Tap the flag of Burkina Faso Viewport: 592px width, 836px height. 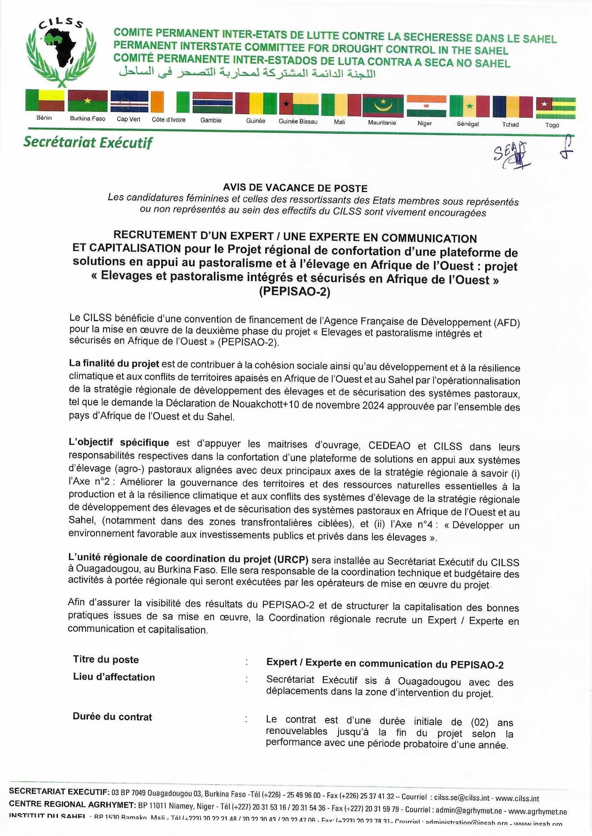point(88,100)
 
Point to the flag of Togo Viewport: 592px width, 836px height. point(556,108)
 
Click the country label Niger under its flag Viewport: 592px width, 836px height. point(425,124)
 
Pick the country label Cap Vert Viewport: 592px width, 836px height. point(128,119)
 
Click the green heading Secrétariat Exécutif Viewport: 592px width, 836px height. point(88,143)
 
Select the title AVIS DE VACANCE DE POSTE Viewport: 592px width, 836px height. point(295,188)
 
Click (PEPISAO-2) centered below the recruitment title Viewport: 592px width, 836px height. point(295,292)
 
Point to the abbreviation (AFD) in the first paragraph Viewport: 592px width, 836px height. point(507,322)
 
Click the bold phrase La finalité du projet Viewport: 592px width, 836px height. point(114,364)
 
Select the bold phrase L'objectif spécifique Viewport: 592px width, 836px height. point(119,442)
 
